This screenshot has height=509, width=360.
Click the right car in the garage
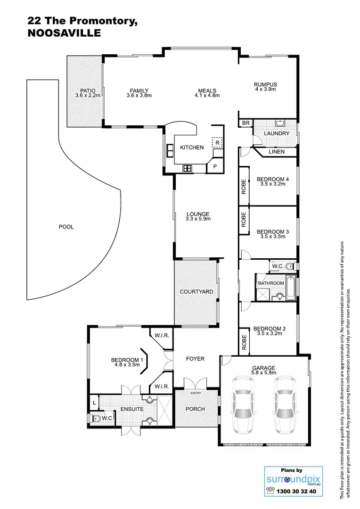click(285, 405)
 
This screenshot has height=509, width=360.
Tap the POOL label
click(66, 227)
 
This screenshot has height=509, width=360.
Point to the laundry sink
click(280, 124)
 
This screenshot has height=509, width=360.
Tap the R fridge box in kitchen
click(217, 142)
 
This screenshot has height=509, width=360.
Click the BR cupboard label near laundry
click(245, 123)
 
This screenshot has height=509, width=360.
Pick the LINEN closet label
click(277, 152)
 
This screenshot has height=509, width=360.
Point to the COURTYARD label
click(196, 292)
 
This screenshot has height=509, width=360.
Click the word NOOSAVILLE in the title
click(64, 33)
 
